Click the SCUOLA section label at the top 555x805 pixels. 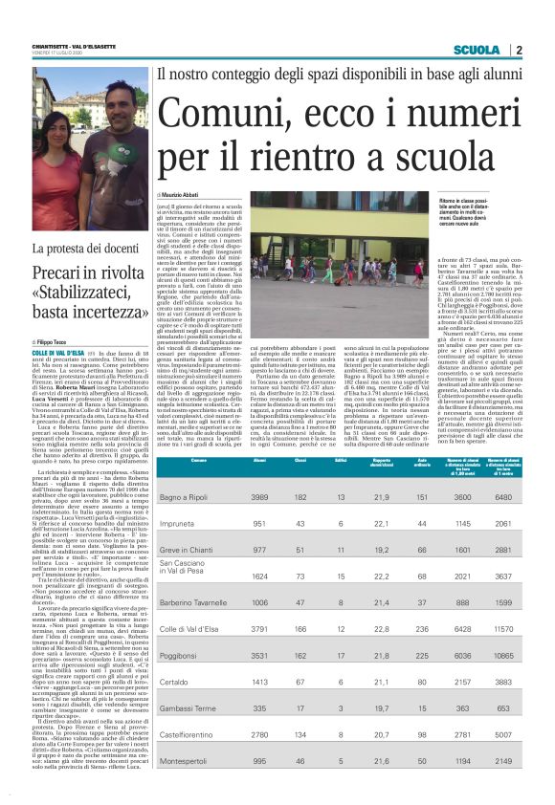point(476,50)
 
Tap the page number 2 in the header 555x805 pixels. point(518,50)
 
